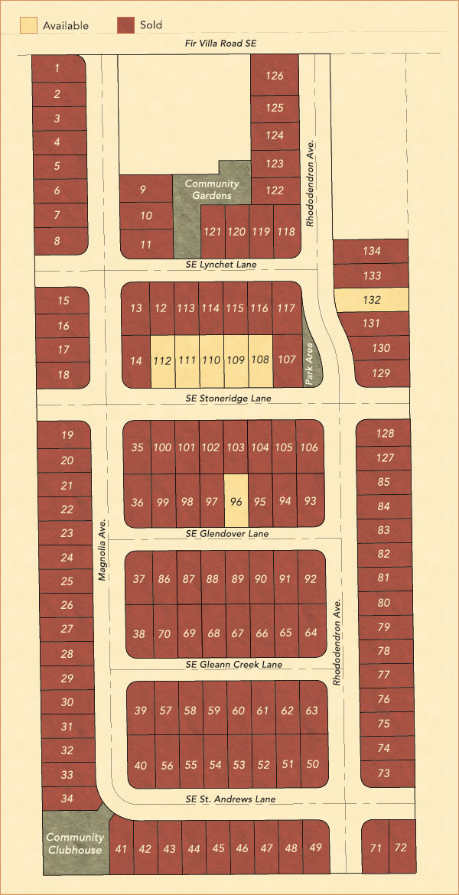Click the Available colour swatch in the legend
[x=28, y=25]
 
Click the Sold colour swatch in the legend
[x=126, y=25]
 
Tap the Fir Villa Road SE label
[x=222, y=44]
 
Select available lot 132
[x=371, y=300]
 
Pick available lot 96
[x=236, y=501]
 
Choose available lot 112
[x=161, y=360]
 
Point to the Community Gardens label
[x=212, y=190]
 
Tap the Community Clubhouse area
[x=74, y=844]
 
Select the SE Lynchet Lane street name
[x=220, y=264]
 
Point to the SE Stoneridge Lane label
[x=228, y=399]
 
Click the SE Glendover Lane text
[x=227, y=533]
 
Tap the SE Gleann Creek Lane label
[x=233, y=665]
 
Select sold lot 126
[x=275, y=75]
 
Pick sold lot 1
[x=57, y=68]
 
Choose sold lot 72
[x=401, y=848]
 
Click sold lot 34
[x=67, y=799]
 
